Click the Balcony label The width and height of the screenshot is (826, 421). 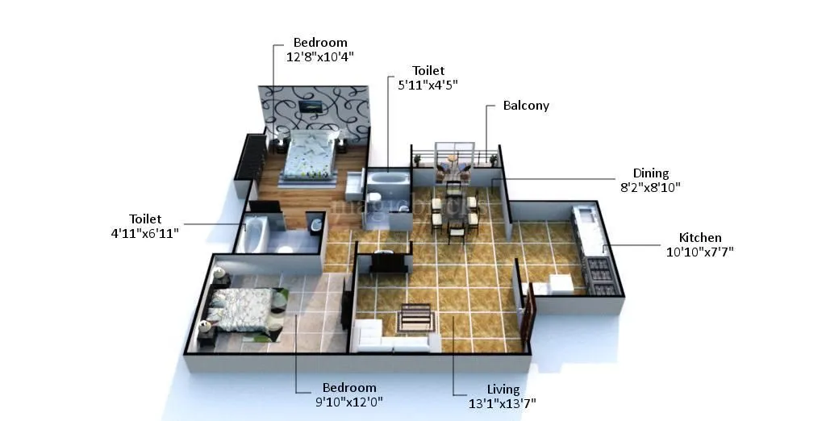[526, 106]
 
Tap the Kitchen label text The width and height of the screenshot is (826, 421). [699, 238]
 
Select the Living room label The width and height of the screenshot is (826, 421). [503, 390]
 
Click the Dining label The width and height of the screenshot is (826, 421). [650, 173]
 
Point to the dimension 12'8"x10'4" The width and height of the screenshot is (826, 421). [319, 57]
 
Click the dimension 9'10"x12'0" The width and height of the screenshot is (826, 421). [349, 402]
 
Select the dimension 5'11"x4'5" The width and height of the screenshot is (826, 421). [428, 85]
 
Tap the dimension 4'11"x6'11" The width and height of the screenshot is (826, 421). [146, 233]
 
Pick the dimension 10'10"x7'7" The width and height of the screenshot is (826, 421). [699, 252]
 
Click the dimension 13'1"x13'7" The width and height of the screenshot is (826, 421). [503, 403]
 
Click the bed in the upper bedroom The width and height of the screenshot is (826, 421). [310, 158]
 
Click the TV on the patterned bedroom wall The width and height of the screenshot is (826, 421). [309, 105]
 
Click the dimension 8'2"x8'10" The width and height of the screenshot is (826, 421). [650, 187]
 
